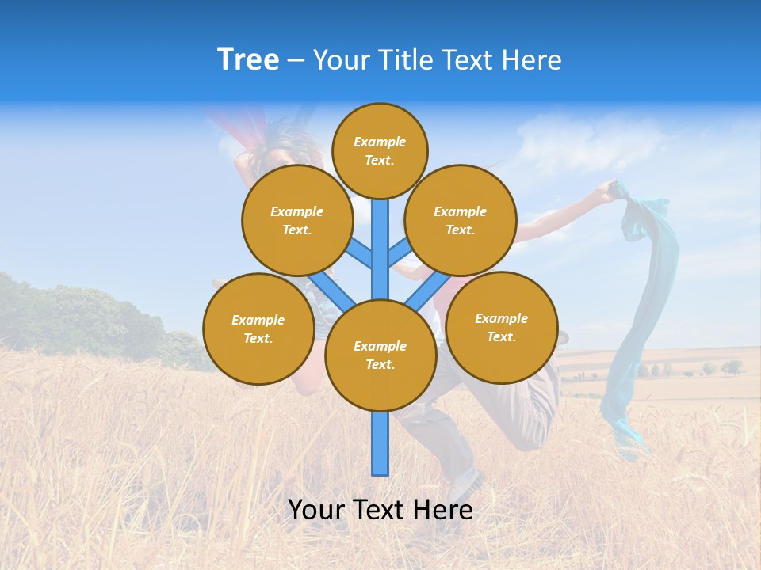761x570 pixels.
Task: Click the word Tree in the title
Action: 248,59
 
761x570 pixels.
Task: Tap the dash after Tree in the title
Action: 296,60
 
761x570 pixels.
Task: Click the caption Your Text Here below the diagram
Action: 380,510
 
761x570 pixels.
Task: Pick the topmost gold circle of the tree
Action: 380,150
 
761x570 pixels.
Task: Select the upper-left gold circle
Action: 297,220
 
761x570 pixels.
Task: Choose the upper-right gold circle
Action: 461,220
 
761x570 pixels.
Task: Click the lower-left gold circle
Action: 258,329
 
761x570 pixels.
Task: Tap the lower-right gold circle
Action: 502,327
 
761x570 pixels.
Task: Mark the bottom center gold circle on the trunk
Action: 380,355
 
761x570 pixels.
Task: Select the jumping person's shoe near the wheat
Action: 468,484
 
